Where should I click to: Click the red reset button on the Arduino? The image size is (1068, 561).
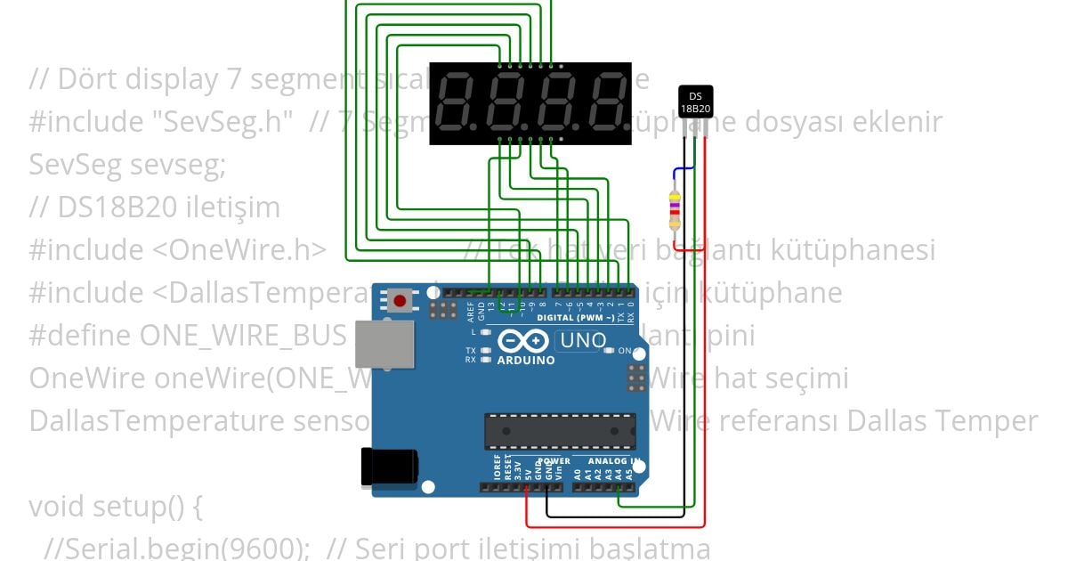coord(400,301)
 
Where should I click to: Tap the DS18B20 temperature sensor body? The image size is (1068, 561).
coord(695,102)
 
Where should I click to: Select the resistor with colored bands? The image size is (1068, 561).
coord(675,210)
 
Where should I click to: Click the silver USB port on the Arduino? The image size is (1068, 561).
coord(384,344)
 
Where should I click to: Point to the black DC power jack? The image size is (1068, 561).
coord(388,467)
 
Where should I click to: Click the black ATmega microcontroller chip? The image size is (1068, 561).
coord(560,431)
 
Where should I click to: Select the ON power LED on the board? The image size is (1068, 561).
coord(609,351)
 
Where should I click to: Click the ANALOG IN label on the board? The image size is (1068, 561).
coord(613,461)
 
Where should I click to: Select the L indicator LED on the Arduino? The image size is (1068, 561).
coord(486,331)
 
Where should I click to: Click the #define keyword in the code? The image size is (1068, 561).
coord(80,336)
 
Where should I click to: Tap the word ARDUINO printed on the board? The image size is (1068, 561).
coord(526,361)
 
